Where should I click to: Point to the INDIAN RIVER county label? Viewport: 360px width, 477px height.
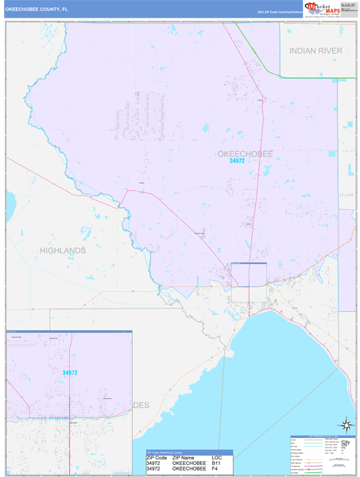click(x=315, y=50)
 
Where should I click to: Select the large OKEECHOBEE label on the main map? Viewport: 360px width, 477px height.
click(x=245, y=153)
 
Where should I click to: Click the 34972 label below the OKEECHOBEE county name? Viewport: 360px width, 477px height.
click(x=237, y=161)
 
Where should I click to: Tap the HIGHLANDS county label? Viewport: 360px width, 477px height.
click(x=63, y=250)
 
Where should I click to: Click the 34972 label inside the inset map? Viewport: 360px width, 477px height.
click(x=70, y=372)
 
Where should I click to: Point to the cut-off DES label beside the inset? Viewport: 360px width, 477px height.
click(x=141, y=405)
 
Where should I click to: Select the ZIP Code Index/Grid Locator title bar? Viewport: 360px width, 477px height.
click(x=170, y=452)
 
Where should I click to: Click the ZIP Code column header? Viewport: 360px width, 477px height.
click(x=157, y=458)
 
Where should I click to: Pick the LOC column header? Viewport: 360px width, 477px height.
click(x=216, y=458)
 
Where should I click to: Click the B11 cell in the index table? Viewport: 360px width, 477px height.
click(x=216, y=463)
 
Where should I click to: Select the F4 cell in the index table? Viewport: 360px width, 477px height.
click(x=215, y=469)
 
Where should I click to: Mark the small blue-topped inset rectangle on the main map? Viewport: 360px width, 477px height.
click(x=248, y=275)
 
